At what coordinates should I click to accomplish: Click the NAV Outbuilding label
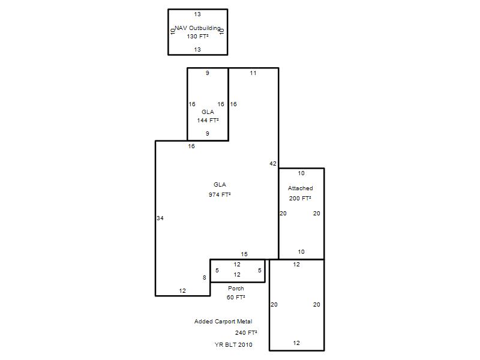197,28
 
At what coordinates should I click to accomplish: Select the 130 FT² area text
198,37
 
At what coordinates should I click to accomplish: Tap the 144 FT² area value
208,121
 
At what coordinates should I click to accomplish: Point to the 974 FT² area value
220,194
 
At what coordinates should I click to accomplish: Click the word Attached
301,188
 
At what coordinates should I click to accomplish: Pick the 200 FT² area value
300,199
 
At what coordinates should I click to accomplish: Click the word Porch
236,289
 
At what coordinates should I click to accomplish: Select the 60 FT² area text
236,297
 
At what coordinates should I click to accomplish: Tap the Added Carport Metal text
223,322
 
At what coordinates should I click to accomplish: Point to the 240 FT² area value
246,333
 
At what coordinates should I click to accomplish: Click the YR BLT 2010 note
233,344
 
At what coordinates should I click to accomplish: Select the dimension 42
273,164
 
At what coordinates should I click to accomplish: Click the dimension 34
160,218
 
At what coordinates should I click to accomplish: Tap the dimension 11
253,73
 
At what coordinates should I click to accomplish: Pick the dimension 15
244,254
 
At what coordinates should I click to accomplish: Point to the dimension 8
205,278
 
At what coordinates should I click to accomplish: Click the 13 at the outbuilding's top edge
197,14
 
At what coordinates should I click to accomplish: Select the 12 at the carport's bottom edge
296,343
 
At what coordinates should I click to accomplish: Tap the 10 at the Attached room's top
301,173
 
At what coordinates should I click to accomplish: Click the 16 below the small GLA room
191,146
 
